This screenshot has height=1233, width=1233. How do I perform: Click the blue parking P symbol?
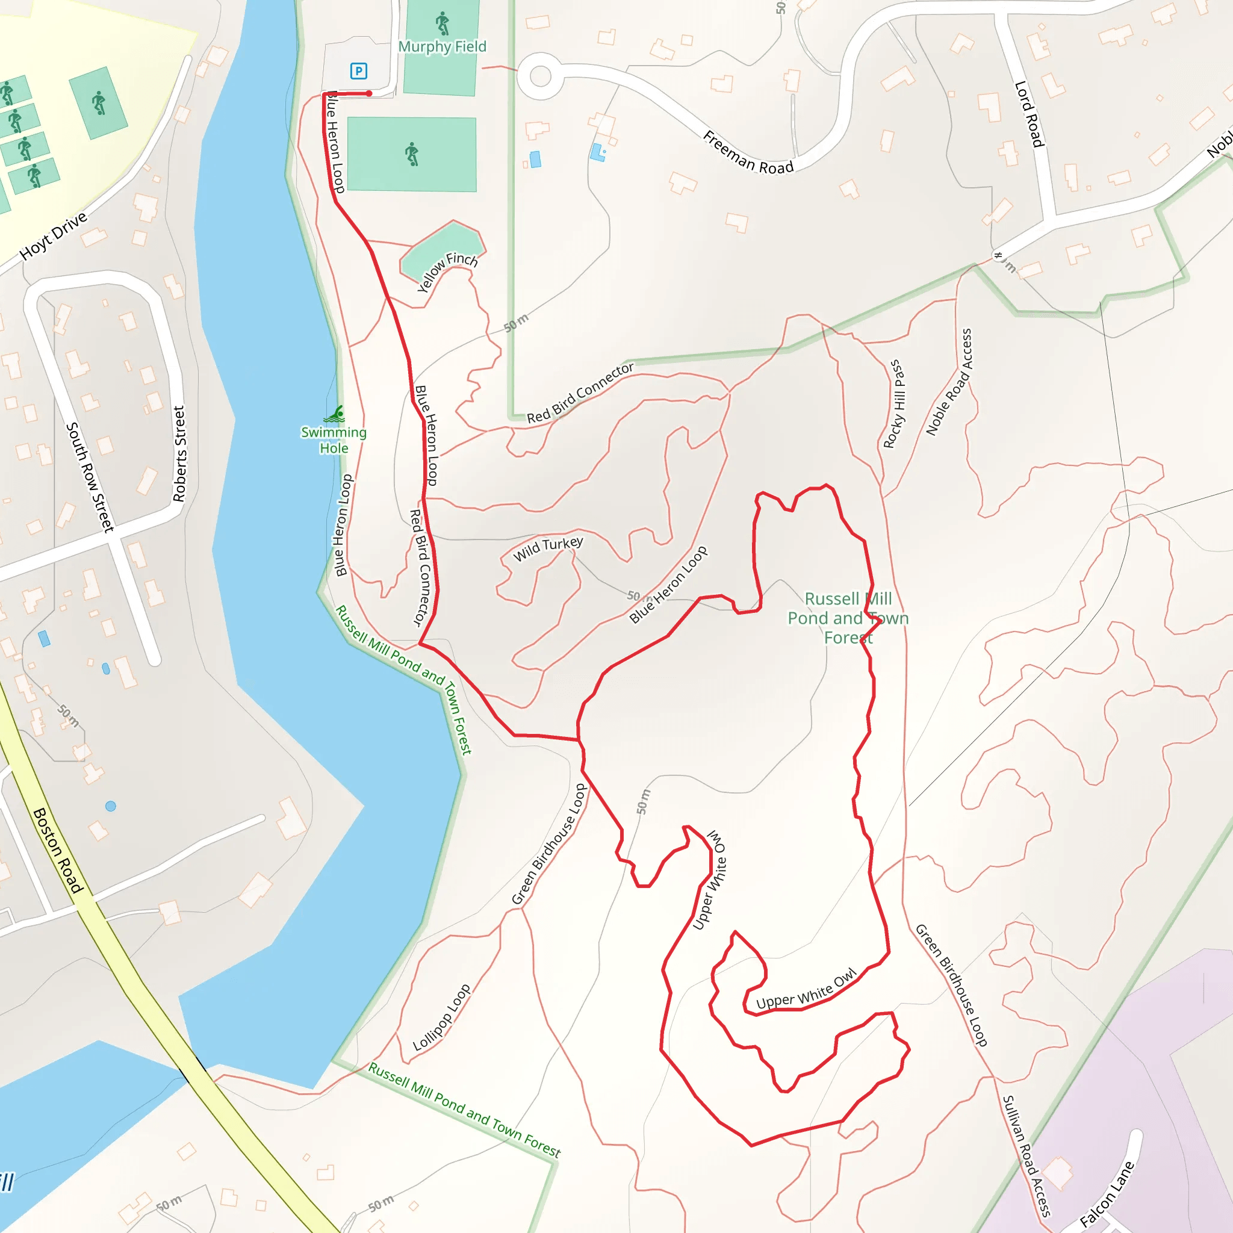pyautogui.click(x=359, y=71)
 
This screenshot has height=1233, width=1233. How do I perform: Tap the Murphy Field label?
pyautogui.click(x=443, y=46)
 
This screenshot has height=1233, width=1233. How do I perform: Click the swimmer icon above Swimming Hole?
pyautogui.click(x=335, y=415)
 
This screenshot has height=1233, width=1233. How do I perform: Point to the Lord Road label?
pyautogui.click(x=1029, y=114)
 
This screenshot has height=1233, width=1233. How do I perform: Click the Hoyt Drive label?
pyautogui.click(x=53, y=236)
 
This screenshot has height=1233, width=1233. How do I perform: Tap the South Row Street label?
pyautogui.click(x=90, y=477)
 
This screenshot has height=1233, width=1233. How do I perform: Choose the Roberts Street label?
pyautogui.click(x=179, y=454)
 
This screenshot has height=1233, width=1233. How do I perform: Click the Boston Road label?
pyautogui.click(x=57, y=850)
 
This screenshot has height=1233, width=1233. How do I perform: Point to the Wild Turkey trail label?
pyautogui.click(x=548, y=548)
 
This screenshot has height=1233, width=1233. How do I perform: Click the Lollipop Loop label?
pyautogui.click(x=442, y=1017)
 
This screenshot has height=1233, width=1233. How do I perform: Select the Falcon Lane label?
pyautogui.click(x=1107, y=1194)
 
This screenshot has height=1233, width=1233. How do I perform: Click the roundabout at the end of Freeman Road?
pyautogui.click(x=540, y=76)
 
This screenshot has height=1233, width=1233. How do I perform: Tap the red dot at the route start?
pyautogui.click(x=369, y=94)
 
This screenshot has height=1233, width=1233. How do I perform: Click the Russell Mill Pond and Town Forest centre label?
pyautogui.click(x=848, y=618)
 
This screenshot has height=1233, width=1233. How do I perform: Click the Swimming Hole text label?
pyautogui.click(x=334, y=440)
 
